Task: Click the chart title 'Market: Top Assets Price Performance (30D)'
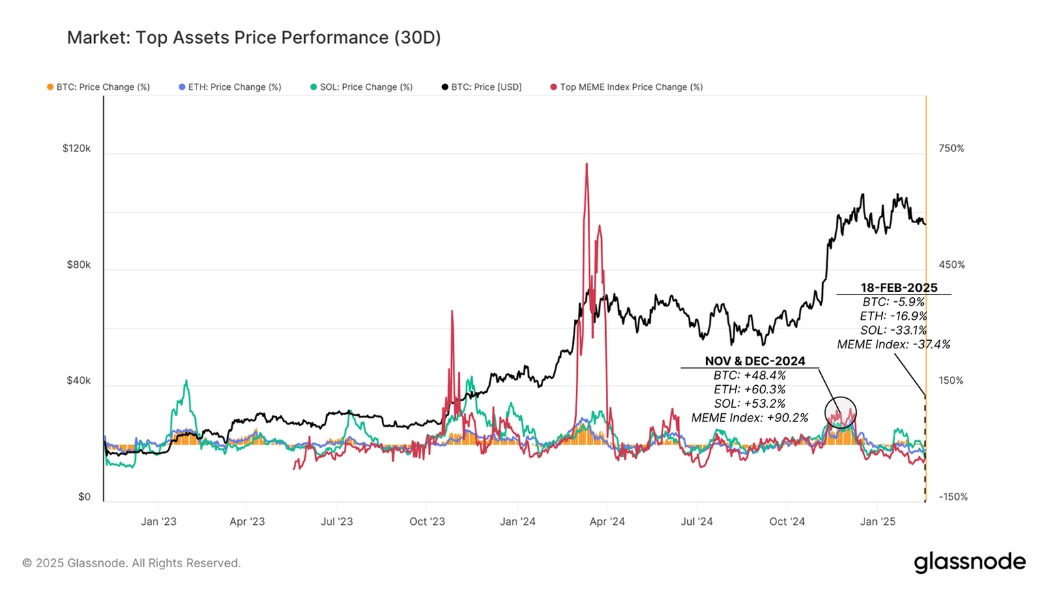coord(254,37)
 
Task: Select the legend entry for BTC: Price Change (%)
coord(98,87)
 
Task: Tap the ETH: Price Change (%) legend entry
coord(230,87)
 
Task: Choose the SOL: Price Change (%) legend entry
coord(362,87)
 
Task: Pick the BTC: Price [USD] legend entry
coord(482,87)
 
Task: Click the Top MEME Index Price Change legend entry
coord(626,87)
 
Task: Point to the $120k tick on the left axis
coord(76,149)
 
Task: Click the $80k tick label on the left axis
coord(78,265)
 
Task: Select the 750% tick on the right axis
coord(951,149)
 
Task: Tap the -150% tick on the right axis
coord(952,497)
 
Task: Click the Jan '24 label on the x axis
coord(517,522)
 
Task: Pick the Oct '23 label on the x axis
coord(427,522)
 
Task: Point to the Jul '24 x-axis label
coord(697,522)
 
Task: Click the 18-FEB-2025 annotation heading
coord(899,288)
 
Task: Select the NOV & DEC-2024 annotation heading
coord(755,361)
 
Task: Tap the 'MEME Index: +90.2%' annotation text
coord(749,418)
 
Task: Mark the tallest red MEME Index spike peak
coord(586,164)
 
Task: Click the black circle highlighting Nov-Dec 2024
coord(840,412)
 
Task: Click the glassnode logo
coord(970,562)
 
